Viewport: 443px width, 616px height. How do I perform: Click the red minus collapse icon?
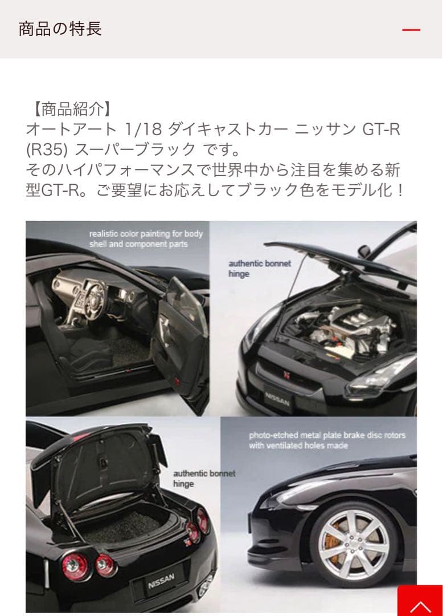click(411, 30)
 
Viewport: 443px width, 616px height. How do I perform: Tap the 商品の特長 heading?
click(60, 29)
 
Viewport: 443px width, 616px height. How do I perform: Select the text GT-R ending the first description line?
click(381, 129)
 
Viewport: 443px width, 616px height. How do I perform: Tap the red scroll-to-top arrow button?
click(420, 601)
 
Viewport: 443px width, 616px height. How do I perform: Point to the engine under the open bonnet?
click(342, 325)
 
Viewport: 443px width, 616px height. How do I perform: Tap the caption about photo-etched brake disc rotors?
click(327, 440)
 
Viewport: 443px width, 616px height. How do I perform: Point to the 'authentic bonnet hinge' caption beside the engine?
click(260, 268)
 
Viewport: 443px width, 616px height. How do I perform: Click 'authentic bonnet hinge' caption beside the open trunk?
click(204, 479)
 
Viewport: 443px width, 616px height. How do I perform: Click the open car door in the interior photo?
click(182, 342)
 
